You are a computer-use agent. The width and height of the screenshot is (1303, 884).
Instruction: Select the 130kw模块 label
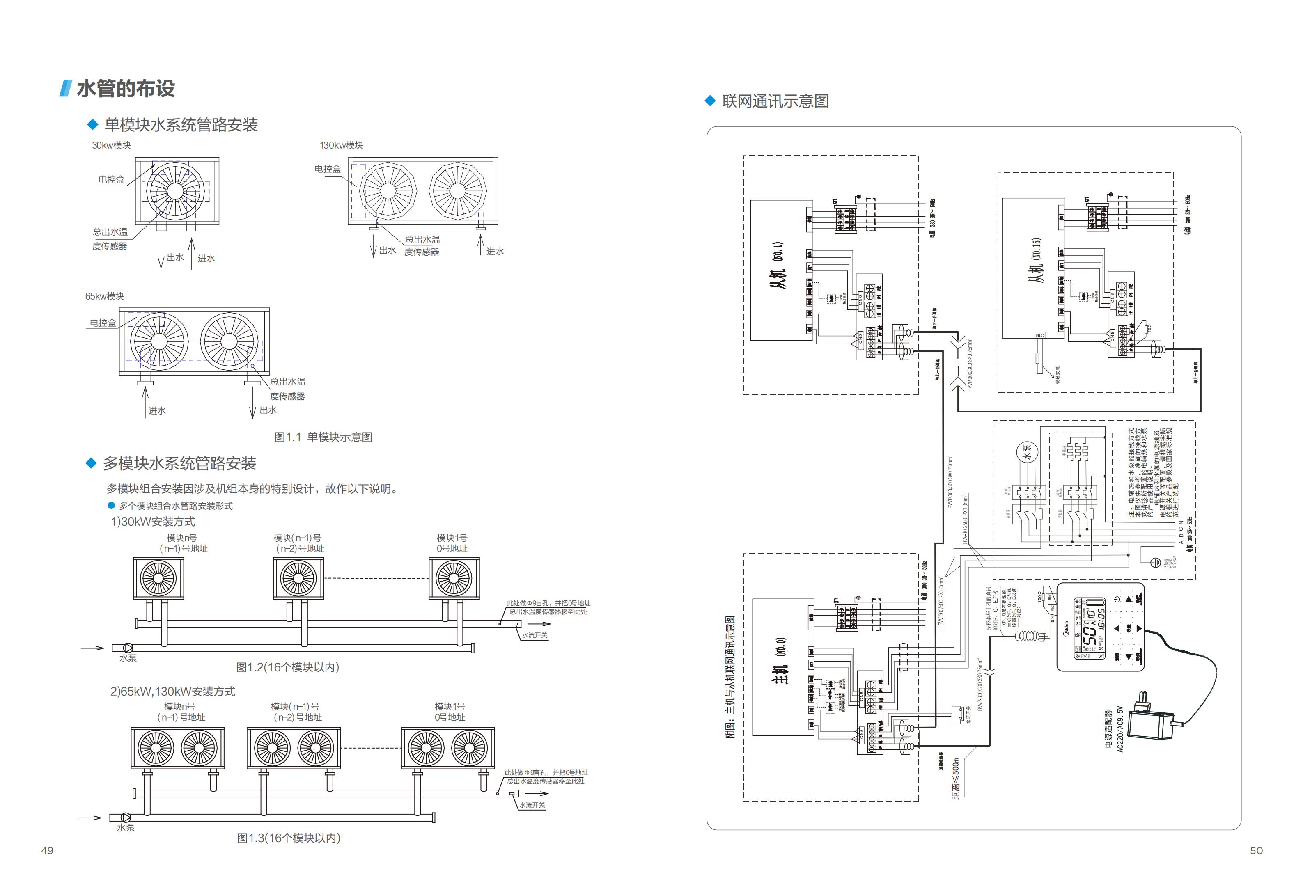tap(342, 145)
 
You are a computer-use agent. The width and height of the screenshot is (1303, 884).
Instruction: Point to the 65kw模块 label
tap(104, 296)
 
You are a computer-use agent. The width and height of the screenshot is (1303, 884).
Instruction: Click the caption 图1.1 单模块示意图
tap(323, 437)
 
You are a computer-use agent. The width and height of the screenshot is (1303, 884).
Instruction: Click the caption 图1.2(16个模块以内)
tap(288, 667)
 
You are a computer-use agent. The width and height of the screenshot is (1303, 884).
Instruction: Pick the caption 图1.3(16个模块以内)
tap(289, 838)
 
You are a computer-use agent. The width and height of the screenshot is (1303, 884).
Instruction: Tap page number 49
tap(47, 851)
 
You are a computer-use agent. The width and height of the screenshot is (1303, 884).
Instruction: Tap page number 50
tap(1257, 851)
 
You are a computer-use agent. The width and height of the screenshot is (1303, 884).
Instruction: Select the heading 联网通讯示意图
tap(775, 101)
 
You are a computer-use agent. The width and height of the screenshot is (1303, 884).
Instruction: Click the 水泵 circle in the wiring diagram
tap(1027, 451)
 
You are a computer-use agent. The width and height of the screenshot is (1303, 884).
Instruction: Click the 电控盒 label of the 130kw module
tap(328, 169)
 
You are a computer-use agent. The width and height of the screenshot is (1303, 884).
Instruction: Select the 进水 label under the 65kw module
tap(157, 411)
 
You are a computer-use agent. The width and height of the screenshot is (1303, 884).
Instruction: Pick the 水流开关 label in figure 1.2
tap(535, 635)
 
